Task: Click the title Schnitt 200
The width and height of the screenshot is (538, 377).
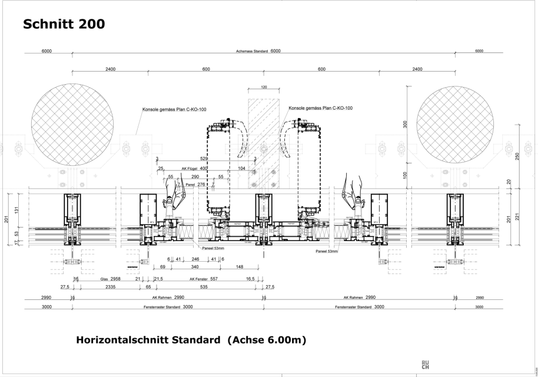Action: click(x=64, y=24)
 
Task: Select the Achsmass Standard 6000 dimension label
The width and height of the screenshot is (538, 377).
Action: click(x=263, y=51)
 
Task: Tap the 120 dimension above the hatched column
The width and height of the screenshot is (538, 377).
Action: click(x=263, y=87)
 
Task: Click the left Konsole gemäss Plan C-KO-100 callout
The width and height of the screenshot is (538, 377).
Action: click(x=174, y=109)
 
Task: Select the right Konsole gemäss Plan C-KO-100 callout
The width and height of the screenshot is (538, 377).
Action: click(x=320, y=108)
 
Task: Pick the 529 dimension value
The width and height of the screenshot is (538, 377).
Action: click(x=204, y=159)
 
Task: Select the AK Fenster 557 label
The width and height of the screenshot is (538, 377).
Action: click(x=204, y=279)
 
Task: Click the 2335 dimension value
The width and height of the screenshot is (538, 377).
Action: click(x=110, y=288)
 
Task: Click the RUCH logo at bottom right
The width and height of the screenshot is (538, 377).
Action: click(x=425, y=365)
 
